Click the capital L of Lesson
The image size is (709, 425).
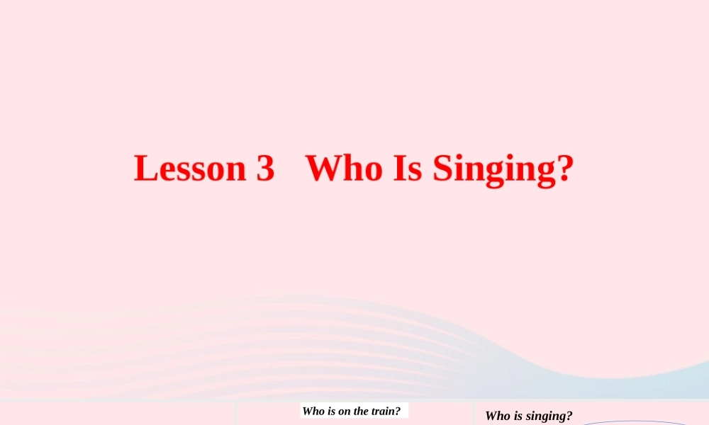[145, 169]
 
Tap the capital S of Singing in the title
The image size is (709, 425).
[442, 169]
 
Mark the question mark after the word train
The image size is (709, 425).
[398, 411]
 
